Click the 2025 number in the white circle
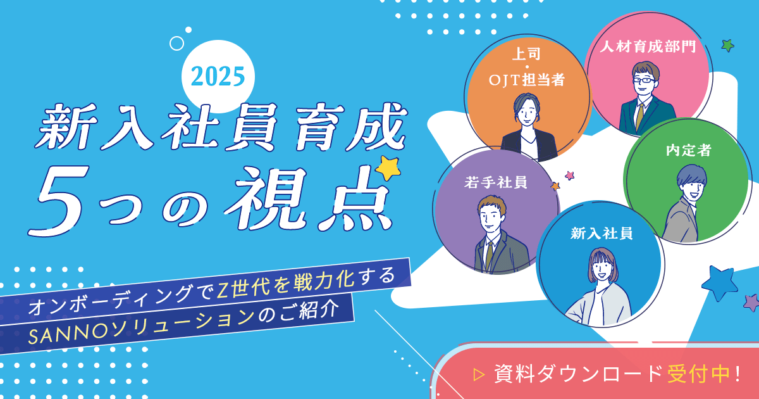pyautogui.click(x=218, y=77)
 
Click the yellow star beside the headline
pyautogui.click(x=388, y=168)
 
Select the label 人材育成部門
pyautogui.click(x=648, y=46)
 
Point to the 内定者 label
pyautogui.click(x=689, y=150)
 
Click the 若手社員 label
pyautogui.click(x=496, y=182)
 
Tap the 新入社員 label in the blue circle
pyautogui.click(x=602, y=234)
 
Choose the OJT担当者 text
pyautogui.click(x=526, y=80)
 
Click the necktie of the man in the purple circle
pyautogui.click(x=489, y=255)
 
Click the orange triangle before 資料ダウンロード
pyautogui.click(x=479, y=374)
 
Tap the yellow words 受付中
pyautogui.click(x=698, y=374)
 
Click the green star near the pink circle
pyautogui.click(x=727, y=46)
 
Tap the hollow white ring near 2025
pyautogui.click(x=176, y=44)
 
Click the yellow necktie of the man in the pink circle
pyautogui.click(x=639, y=116)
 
